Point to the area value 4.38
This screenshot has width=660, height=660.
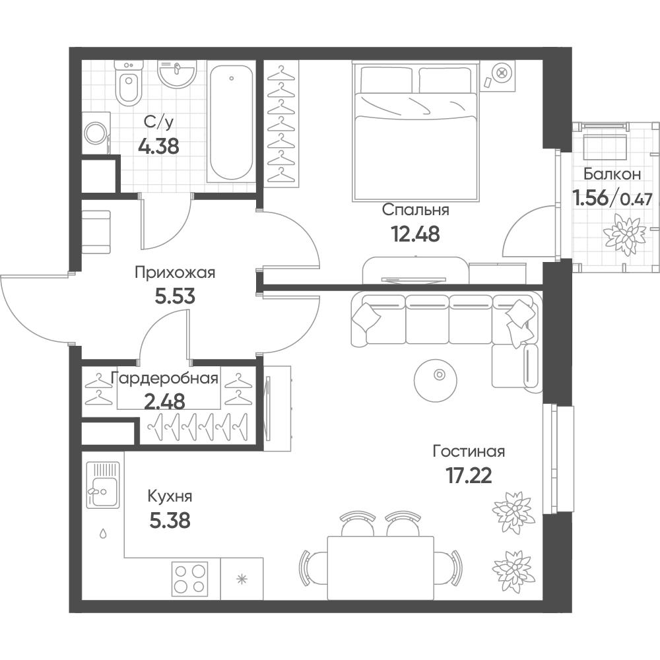pyautogui.click(x=158, y=147)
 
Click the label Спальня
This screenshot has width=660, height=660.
pyautogui.click(x=415, y=210)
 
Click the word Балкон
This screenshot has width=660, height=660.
pyautogui.click(x=612, y=174)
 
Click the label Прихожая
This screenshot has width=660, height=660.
pyautogui.click(x=175, y=273)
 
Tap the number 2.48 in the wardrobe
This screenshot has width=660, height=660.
pyautogui.click(x=164, y=401)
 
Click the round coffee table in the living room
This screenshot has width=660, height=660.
pyautogui.click(x=435, y=377)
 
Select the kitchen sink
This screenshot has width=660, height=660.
pyautogui.click(x=103, y=484)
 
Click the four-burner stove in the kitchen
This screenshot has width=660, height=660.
pyautogui.click(x=190, y=579)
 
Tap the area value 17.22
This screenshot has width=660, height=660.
pyautogui.click(x=469, y=476)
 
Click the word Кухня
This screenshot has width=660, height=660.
pyautogui.click(x=170, y=497)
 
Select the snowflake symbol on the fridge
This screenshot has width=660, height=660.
pyautogui.click(x=242, y=579)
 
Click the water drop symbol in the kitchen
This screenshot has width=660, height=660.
pyautogui.click(x=103, y=534)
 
